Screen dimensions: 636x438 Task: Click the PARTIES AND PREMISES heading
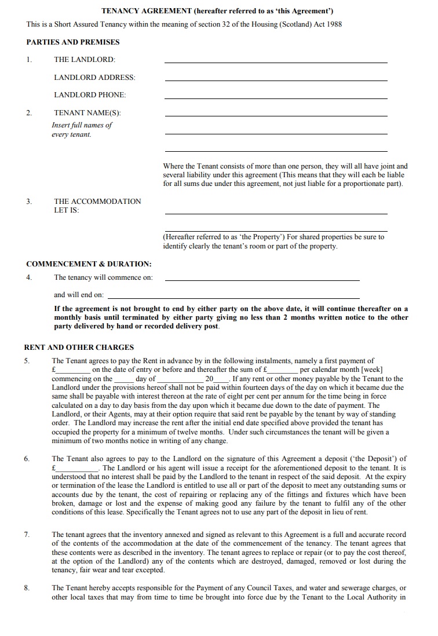73,42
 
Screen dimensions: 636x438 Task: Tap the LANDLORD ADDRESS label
94,78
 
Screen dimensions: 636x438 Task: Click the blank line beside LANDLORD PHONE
276,97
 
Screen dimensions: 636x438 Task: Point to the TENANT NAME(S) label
87,113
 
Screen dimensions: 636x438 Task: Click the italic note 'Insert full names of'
82,125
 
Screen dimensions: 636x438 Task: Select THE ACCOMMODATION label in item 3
97,202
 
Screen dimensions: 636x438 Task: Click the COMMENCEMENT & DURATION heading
89,264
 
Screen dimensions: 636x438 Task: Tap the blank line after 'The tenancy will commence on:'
262,279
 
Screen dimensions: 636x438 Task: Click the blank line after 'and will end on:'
262,297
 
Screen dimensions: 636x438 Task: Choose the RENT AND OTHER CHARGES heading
79,348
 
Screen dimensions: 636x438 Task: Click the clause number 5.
27,361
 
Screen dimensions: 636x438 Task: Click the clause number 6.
27,459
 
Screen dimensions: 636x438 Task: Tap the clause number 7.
27,535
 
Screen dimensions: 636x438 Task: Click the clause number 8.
27,589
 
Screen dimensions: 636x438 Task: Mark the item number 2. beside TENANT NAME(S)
29,113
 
